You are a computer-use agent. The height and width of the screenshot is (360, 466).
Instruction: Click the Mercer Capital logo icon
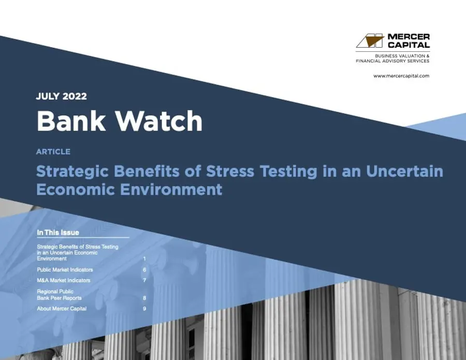[x=370, y=41]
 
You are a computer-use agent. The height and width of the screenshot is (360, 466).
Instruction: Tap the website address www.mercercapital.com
[x=401, y=76]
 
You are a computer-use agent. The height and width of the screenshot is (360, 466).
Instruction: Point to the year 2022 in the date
[x=74, y=96]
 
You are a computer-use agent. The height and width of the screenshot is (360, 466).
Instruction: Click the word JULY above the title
[x=47, y=96]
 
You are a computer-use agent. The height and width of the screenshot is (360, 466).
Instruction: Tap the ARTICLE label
[x=53, y=152]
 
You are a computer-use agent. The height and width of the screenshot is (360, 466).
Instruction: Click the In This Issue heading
[x=58, y=233]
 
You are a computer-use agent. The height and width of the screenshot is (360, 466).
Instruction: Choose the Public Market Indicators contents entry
[x=65, y=270]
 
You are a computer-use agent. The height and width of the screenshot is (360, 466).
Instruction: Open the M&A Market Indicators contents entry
[x=64, y=280]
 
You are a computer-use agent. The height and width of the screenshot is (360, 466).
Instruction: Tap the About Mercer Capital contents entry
[x=62, y=309]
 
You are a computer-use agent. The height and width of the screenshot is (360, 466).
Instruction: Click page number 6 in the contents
[x=144, y=270]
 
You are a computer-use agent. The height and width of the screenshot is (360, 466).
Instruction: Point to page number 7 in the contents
[x=144, y=280]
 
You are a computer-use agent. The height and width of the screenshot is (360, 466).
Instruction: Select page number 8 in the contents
[x=144, y=298]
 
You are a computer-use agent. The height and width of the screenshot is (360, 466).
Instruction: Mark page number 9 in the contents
[x=144, y=309]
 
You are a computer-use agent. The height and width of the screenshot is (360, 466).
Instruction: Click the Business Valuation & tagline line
[x=402, y=55]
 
